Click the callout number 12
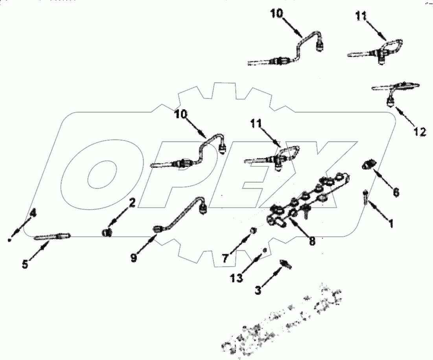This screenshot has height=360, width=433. (419, 132)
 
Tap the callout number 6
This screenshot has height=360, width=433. (395, 192)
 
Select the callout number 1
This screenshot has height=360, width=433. (391, 224)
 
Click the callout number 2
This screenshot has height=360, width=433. (132, 203)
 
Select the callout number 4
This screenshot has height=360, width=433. (33, 213)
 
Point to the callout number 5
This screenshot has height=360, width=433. (24, 264)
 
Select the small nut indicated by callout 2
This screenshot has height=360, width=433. (107, 233)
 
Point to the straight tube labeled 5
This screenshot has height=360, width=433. (52, 236)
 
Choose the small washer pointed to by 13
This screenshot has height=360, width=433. (265, 250)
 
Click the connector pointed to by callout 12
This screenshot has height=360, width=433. (391, 102)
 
